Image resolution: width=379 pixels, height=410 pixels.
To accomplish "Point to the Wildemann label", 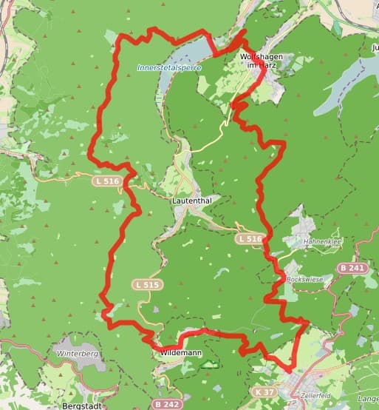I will (x=179, y=354).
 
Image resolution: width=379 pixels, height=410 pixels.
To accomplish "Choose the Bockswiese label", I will (x=305, y=279).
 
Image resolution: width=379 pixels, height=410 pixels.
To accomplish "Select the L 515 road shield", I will (x=146, y=284).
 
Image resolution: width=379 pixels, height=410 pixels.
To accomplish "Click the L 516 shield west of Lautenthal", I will (x=106, y=180).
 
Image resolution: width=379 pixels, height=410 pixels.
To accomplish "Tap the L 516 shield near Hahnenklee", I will (x=250, y=238).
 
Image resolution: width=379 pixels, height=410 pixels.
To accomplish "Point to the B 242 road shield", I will (x=168, y=404).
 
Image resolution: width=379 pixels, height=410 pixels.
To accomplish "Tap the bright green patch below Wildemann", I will (x=211, y=364).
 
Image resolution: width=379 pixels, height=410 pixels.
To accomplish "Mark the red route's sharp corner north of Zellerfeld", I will (x=307, y=321).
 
